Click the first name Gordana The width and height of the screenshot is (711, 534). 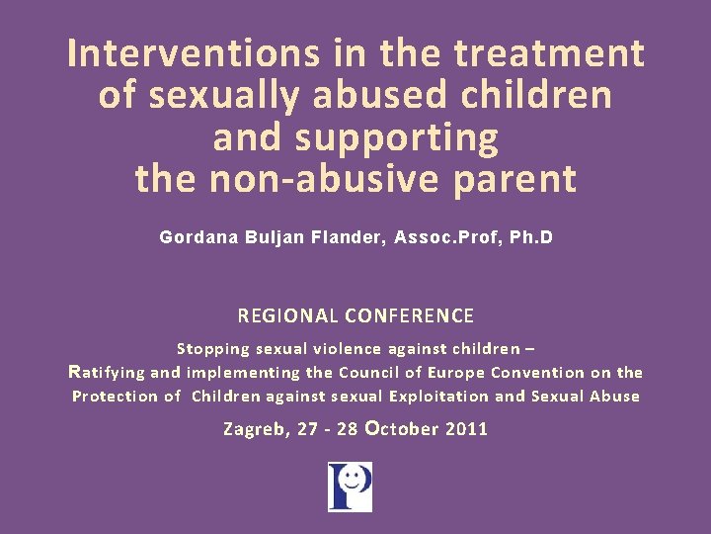[x=197, y=238]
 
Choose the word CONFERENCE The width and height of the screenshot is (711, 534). [x=408, y=316]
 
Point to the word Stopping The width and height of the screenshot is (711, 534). [x=212, y=348]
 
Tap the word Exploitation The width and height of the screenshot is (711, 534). [x=438, y=397]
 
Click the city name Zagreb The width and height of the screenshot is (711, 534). [x=252, y=430]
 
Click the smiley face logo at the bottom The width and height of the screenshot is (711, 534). [x=350, y=487]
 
